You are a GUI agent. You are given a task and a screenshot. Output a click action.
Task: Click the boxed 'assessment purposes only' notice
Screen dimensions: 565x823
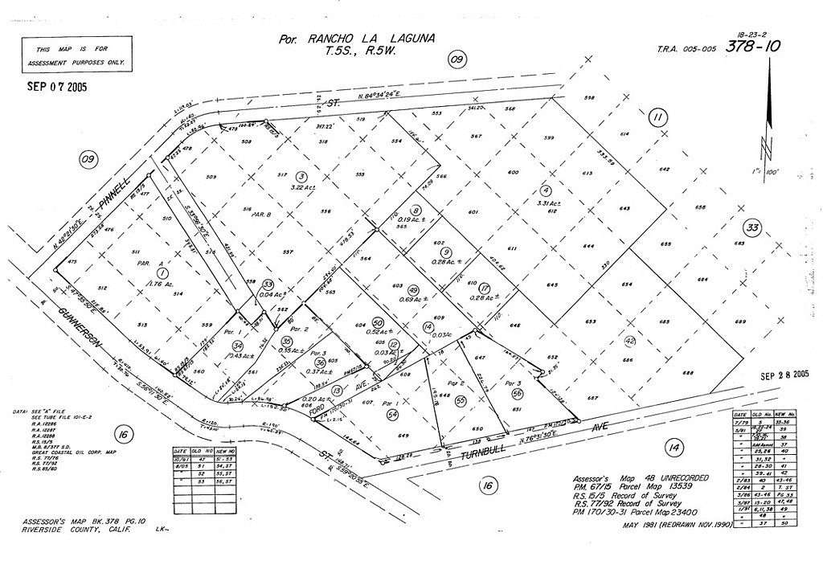77,55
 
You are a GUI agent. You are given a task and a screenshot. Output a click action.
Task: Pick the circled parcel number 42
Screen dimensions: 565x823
630,340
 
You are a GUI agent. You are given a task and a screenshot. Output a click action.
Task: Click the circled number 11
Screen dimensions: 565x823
658,118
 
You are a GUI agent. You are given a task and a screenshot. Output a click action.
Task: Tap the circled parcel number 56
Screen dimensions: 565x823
517,393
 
